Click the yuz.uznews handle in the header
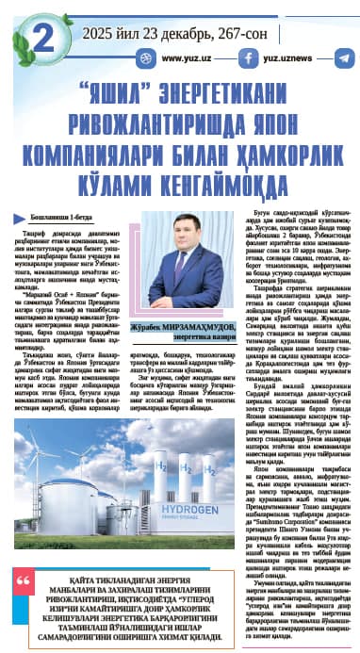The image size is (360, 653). (x=286, y=57)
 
